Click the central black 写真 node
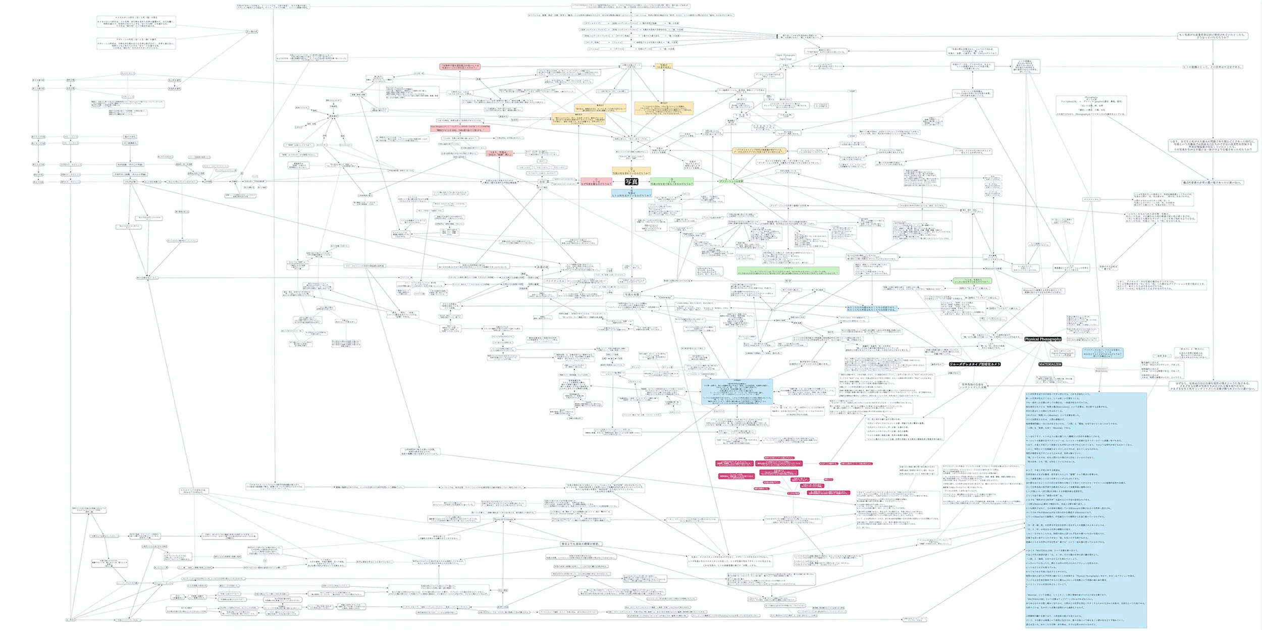[x=631, y=182]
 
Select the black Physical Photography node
[x=1043, y=339]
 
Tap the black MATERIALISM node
[x=1050, y=364]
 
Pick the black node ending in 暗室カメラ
[x=974, y=364]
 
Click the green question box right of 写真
[x=671, y=182]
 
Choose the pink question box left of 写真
[x=596, y=182]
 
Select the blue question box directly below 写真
[x=631, y=193]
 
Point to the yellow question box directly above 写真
[x=631, y=172]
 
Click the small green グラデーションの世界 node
[x=731, y=181]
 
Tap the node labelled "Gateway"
[x=665, y=297]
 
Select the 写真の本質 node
[x=632, y=294]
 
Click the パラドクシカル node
[x=555, y=281]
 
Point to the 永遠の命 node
[x=542, y=267]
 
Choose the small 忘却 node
[x=542, y=182]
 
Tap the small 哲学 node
[x=788, y=281]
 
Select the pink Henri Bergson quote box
[x=460, y=128]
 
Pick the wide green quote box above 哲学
[x=788, y=271]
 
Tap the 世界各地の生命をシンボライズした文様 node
[x=973, y=386]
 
